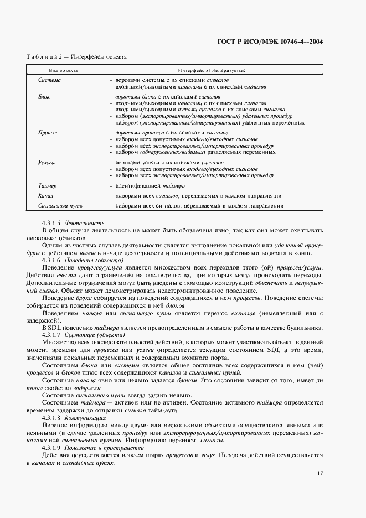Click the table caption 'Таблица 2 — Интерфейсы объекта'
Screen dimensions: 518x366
[x=77, y=56]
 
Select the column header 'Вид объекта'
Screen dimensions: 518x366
[x=63, y=71]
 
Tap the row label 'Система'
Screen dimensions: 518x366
[x=49, y=80]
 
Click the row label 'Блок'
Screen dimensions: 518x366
[x=44, y=96]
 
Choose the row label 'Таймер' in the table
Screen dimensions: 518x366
[x=47, y=186]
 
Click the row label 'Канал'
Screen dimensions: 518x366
[x=45, y=196]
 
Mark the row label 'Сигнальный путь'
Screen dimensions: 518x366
[x=60, y=206]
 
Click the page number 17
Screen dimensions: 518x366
[x=320, y=473]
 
